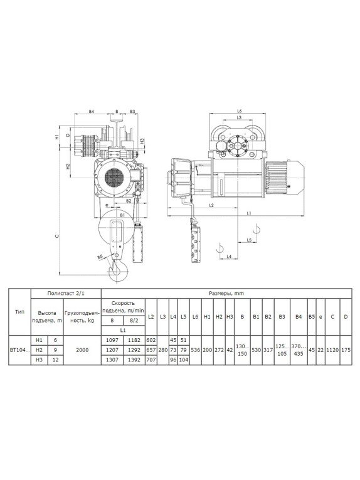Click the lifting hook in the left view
tap(117, 269)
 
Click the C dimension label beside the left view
tap(56, 236)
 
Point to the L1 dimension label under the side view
tap(248, 213)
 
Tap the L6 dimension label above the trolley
tap(240, 111)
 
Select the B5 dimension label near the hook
tap(100, 257)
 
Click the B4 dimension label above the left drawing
tap(91, 112)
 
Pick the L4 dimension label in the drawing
tap(229, 257)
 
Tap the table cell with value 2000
tap(82, 350)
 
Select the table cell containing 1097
tap(112, 340)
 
